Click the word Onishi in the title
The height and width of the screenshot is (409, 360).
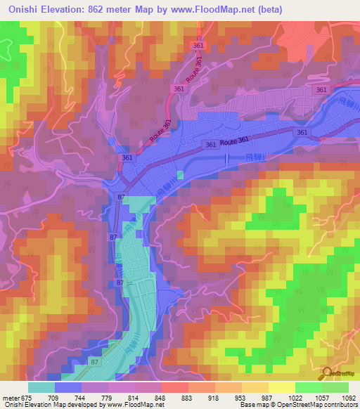[x=21, y=8]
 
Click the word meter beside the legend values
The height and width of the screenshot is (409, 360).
[x=9, y=396]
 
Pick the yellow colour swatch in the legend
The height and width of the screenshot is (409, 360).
[x=281, y=387]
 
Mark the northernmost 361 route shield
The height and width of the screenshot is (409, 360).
[x=200, y=45]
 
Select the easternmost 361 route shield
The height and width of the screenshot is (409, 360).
[x=322, y=90]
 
